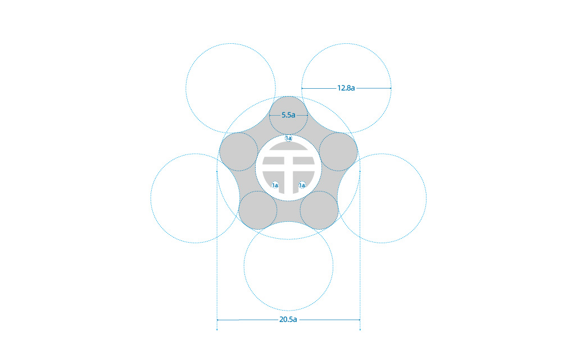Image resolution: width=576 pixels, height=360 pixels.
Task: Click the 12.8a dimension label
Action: point(346,88)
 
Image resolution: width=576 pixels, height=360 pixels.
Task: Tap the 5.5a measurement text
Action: point(288,115)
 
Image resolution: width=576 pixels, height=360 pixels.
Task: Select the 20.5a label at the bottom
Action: point(288,320)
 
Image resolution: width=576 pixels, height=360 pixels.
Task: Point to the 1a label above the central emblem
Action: point(289,138)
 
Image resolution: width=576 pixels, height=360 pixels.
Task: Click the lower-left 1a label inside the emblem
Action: point(275,185)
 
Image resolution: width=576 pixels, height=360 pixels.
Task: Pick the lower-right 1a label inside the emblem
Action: point(302,185)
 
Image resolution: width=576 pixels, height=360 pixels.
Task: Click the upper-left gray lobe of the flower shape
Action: point(239,152)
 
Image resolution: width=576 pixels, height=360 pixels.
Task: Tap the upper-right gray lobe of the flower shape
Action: point(338,152)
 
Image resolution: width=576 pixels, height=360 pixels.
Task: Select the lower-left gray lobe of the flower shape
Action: point(258,210)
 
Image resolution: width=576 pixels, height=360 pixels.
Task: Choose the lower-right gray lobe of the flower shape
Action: point(319,210)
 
